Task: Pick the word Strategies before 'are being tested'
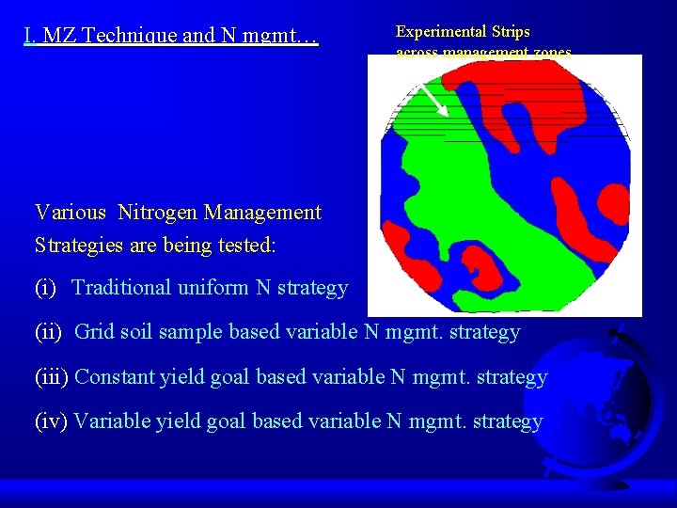tap(78, 245)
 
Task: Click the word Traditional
tap(123, 288)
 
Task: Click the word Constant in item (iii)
tap(113, 377)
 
